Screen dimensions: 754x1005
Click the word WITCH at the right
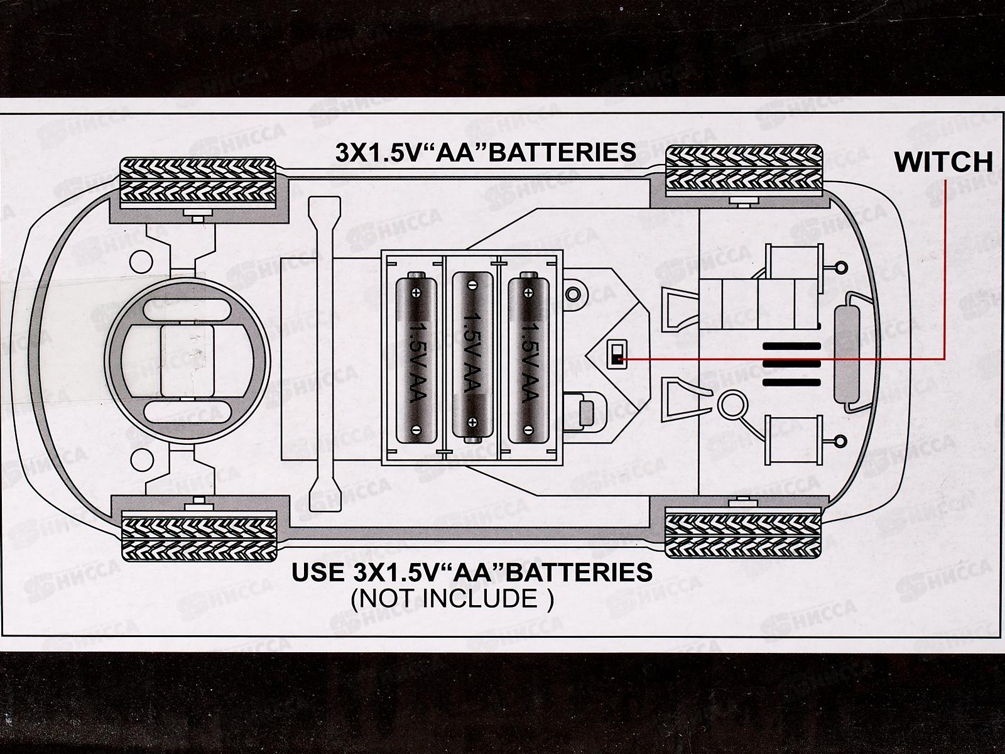click(943, 162)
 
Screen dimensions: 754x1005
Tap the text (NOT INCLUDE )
click(452, 598)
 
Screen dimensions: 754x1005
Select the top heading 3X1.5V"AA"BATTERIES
click(485, 153)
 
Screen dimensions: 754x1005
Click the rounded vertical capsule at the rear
click(847, 355)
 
